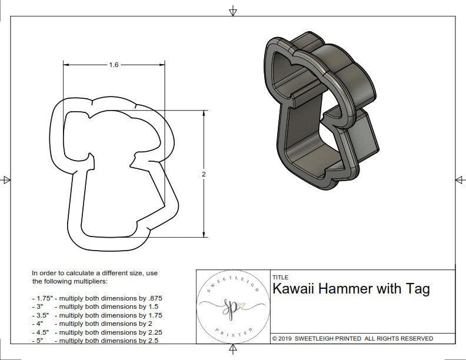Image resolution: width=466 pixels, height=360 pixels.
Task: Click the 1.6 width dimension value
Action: tap(114, 65)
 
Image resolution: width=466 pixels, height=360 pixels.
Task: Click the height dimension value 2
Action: tap(204, 174)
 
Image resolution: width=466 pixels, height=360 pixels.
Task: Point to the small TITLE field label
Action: tap(280, 277)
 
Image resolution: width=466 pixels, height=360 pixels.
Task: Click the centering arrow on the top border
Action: tap(233, 11)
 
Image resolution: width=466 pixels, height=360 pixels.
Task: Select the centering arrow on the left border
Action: tap(6, 180)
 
